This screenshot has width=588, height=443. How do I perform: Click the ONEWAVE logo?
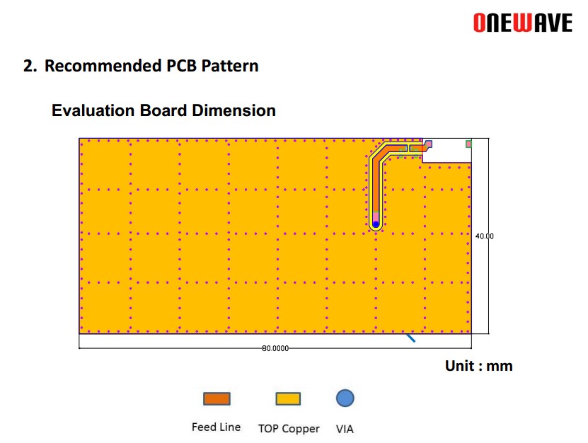click(523, 23)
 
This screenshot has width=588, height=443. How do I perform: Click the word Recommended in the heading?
click(103, 66)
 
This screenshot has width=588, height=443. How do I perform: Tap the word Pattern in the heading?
click(230, 66)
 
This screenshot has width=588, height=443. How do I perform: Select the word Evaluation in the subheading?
click(93, 110)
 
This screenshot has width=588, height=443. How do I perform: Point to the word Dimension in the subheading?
click(234, 110)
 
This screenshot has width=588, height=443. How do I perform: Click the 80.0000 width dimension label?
click(275, 348)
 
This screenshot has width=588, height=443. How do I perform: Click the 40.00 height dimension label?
click(485, 236)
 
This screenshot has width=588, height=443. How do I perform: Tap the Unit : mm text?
click(479, 366)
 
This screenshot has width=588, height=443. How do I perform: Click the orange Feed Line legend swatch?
click(217, 398)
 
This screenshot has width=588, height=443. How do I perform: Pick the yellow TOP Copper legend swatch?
click(288, 398)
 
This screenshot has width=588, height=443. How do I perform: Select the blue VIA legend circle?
click(345, 398)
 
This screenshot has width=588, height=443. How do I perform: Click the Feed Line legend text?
click(216, 427)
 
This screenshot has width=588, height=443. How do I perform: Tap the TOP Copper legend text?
click(289, 428)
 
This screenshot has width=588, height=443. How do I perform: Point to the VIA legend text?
click(345, 429)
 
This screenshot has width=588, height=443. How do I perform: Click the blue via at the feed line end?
click(376, 224)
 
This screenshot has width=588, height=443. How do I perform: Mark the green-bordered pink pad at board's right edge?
click(468, 144)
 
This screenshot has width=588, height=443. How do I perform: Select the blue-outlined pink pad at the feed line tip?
click(428, 144)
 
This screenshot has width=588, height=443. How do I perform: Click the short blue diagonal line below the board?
click(410, 338)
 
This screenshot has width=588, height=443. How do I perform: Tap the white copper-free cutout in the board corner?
click(446, 151)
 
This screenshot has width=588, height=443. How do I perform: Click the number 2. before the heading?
click(30, 66)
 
